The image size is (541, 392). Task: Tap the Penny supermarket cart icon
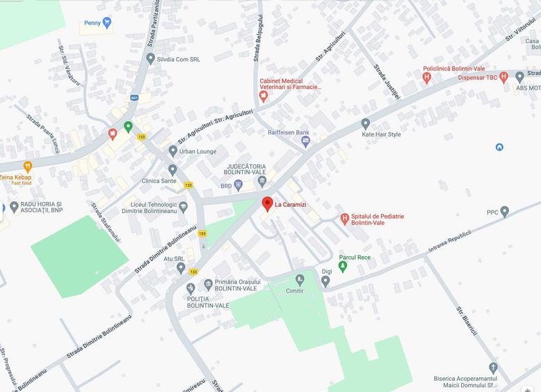point(106,22)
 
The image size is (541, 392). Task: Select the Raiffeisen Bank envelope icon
point(305,142)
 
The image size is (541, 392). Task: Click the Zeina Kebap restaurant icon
point(27,166)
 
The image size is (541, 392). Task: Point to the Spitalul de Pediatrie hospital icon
point(344,219)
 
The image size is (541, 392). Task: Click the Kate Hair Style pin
point(366,123)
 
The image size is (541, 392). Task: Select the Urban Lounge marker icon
point(172,151)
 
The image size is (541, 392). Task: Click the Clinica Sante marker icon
point(172,169)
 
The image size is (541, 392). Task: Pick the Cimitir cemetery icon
point(300,280)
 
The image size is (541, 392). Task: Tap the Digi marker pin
point(325,281)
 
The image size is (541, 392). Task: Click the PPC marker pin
point(505,211)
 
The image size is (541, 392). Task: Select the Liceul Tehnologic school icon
point(184,206)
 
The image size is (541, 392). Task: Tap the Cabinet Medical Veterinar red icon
point(264,95)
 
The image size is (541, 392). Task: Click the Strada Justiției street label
point(387,82)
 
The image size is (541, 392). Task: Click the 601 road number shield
point(134,97)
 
